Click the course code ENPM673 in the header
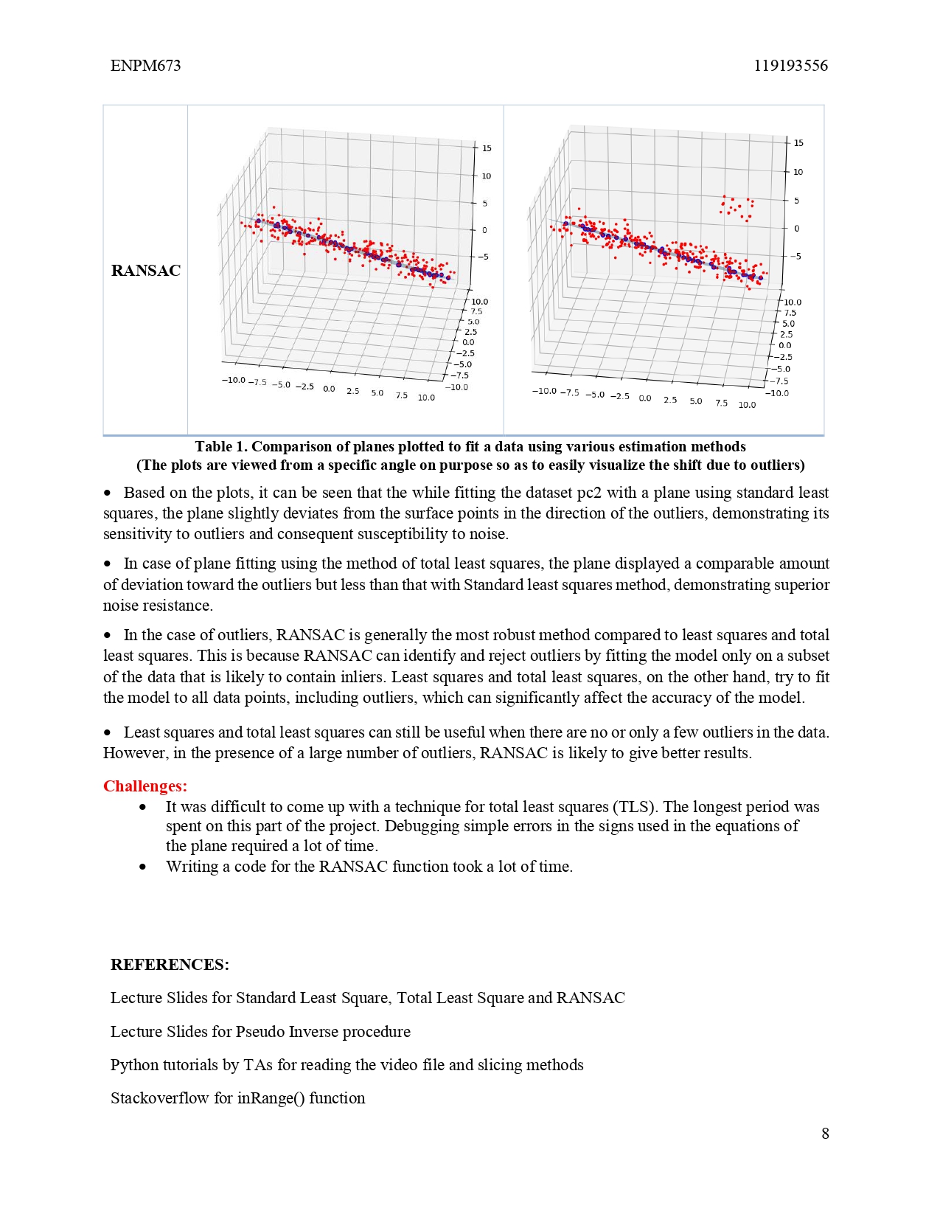145,66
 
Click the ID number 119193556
790,66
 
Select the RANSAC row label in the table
145,271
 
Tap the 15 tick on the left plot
487,148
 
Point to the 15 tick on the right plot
798,143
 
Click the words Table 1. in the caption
221,446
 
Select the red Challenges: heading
145,786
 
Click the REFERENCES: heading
170,965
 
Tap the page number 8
825,1134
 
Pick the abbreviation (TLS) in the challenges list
635,807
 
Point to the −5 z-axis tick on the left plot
484,257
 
